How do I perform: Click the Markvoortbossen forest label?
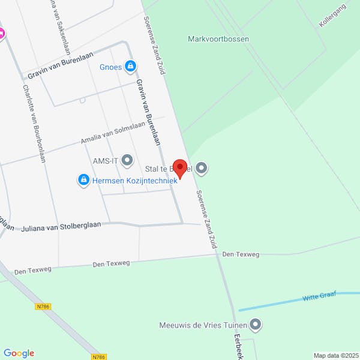(x=218, y=39)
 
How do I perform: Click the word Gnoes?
(x=111, y=67)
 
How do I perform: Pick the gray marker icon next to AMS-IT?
(x=127, y=160)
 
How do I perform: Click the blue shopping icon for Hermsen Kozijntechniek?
(x=83, y=179)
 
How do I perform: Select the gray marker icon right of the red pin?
(x=202, y=169)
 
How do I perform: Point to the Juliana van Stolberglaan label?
(x=61, y=227)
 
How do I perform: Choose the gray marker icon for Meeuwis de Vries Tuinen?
(x=256, y=325)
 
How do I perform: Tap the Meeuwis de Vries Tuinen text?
(x=203, y=326)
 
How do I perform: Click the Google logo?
(x=19, y=353)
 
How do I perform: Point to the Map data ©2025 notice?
(x=335, y=355)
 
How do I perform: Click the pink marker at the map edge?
(x=2, y=34)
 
